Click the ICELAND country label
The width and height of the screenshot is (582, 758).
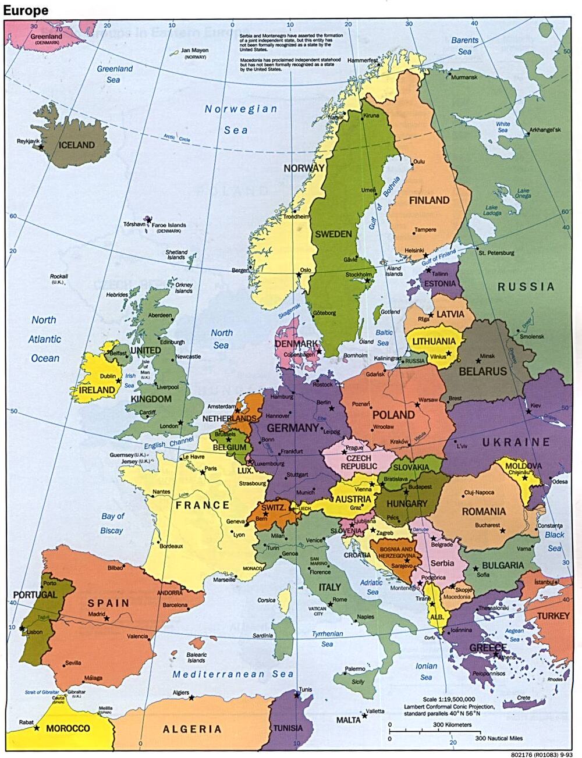click(77, 145)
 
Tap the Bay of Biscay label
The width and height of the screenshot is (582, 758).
click(112, 523)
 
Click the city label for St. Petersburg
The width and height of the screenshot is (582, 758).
click(496, 253)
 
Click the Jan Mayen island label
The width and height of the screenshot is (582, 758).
click(194, 51)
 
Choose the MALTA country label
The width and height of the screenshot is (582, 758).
click(348, 720)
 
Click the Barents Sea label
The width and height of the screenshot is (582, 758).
click(464, 46)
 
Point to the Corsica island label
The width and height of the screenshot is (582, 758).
click(267, 600)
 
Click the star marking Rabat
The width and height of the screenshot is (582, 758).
click(37, 728)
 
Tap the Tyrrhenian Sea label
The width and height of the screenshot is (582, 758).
click(327, 639)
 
